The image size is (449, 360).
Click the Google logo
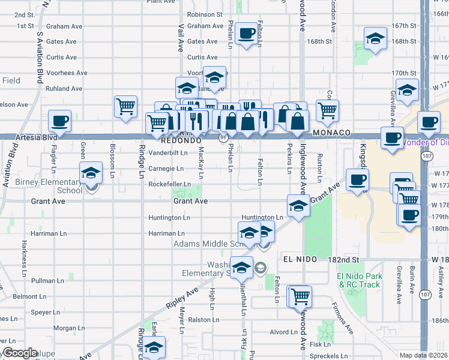click(20, 353)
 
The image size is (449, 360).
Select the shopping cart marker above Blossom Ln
click(125, 107)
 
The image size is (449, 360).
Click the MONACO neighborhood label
click(331, 132)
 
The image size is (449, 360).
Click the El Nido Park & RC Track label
click(360, 280)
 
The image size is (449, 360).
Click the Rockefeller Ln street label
click(170, 184)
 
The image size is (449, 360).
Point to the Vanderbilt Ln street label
click(167, 153)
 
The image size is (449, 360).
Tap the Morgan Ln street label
click(65, 328)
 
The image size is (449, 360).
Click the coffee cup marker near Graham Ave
click(246, 34)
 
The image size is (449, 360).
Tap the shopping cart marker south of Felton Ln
click(300, 296)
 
